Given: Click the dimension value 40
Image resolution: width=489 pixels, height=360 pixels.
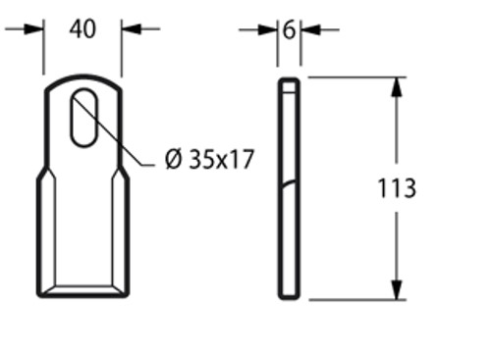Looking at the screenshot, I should click(x=82, y=29).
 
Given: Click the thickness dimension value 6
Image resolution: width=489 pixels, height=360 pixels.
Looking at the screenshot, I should click(x=289, y=29).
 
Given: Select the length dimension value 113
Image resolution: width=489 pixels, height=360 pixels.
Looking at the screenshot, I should click(x=396, y=187).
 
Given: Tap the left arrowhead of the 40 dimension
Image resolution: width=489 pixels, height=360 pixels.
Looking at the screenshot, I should click(x=38, y=29).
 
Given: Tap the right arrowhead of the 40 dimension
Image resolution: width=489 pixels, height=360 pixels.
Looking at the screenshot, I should click(x=128, y=29).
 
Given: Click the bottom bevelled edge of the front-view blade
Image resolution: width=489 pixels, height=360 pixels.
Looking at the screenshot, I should click(x=83, y=290).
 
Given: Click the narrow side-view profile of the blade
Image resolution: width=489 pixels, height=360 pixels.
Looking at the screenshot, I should click(x=289, y=186).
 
